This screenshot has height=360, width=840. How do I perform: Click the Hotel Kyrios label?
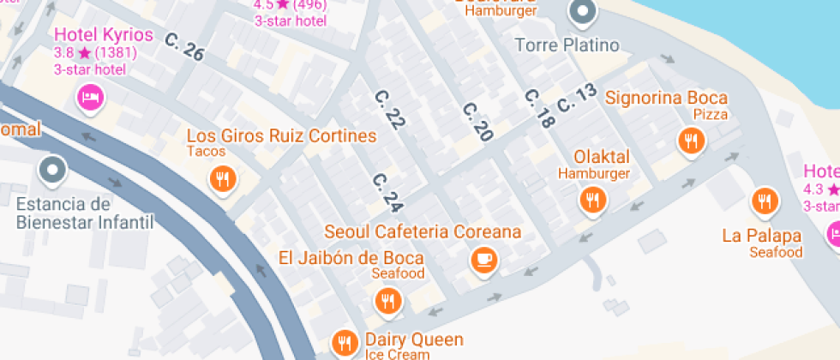pos(104,35)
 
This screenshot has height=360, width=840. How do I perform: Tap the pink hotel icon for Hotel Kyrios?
pos(90,97)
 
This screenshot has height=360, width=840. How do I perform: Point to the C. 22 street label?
pos(389,109)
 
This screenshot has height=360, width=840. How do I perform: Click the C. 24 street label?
pos(387,193)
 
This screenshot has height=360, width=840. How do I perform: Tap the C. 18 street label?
pos(538,109)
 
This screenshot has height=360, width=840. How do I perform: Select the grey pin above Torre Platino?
pos(583,13)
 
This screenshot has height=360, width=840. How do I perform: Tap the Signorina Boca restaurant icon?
pos(691,141)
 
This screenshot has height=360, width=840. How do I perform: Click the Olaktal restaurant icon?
pos(591,201)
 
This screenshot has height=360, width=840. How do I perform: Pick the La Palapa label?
pos(761,236)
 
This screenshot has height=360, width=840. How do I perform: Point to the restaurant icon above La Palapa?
pos(764,201)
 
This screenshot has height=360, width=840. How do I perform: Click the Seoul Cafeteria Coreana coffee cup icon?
pos(484,258)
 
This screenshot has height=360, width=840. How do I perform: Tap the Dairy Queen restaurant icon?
pos(345,343)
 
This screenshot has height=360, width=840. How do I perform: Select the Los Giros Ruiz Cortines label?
pos(281,136)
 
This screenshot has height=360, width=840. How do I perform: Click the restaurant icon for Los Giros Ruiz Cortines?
pos(223,178)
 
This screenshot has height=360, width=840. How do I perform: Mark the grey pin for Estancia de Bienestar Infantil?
pos(53,170)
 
